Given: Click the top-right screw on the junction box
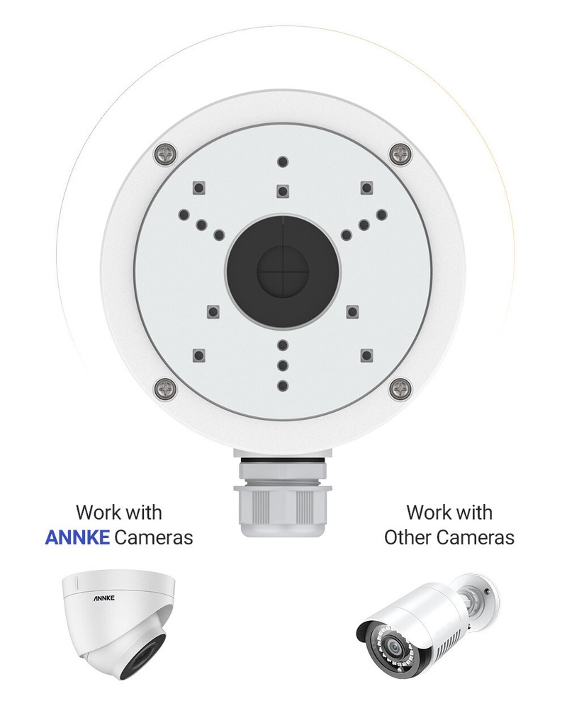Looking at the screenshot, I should point(400,152).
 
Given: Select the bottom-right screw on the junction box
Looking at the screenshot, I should point(400,387).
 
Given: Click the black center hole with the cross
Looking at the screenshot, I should point(283,270).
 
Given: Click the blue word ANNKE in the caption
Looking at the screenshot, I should point(77,537).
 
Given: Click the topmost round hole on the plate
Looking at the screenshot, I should point(283,161).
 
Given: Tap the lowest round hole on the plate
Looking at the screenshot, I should point(283,385).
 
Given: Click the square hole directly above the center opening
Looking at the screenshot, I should point(283,190).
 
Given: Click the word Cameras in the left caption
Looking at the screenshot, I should point(154,537).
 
